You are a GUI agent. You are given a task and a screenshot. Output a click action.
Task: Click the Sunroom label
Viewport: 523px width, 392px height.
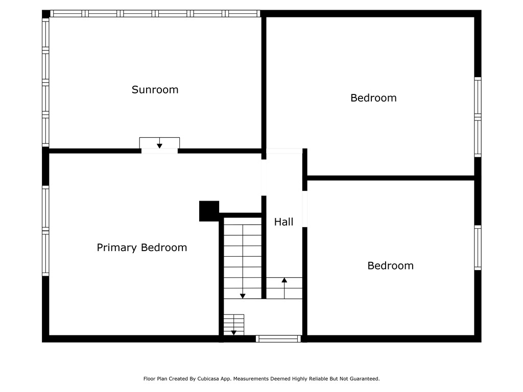click(155, 90)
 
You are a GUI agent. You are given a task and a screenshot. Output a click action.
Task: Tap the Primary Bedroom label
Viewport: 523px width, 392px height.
click(142, 248)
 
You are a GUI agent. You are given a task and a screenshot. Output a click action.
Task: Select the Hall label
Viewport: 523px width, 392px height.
click(283, 222)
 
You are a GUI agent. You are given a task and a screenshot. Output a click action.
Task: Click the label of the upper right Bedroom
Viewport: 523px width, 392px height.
click(373, 98)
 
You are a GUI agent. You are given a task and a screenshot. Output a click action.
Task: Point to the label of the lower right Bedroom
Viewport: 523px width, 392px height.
click(391, 265)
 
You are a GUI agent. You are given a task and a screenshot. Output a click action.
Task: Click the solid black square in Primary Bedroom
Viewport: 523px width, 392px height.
click(209, 211)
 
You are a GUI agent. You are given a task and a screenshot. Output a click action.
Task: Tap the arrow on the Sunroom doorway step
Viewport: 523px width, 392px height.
click(159, 143)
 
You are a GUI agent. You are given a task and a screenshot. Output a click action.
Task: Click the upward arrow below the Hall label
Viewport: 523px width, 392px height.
click(284, 288)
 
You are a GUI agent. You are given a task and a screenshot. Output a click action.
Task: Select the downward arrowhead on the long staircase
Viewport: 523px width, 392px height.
click(243, 296)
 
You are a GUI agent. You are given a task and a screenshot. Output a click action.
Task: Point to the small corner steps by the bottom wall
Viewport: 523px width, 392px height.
click(234, 325)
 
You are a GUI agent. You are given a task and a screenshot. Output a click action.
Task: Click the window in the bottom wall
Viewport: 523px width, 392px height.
click(278, 339)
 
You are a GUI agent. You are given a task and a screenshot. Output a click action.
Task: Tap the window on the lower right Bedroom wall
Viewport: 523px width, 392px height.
click(478, 248)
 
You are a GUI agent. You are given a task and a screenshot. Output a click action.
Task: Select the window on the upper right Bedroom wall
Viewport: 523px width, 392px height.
click(478, 117)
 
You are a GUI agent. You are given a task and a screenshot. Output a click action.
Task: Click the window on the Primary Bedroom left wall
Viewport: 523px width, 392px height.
click(45, 231)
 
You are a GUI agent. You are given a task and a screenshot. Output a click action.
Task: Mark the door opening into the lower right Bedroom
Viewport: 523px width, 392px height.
click(304, 209)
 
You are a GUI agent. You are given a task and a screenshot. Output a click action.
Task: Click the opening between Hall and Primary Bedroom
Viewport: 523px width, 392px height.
click(264, 178)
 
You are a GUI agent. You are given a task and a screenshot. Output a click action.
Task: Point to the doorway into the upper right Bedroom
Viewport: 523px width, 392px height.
click(284, 151)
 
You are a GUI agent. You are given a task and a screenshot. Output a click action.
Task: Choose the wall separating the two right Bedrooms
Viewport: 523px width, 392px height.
click(391, 178)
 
